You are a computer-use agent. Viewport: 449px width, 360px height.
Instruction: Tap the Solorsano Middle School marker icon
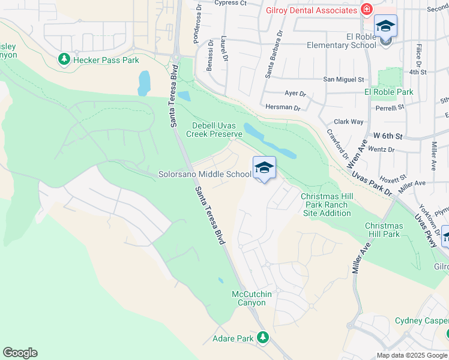[x=264, y=169]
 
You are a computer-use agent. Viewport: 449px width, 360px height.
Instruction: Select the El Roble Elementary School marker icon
[x=385, y=27]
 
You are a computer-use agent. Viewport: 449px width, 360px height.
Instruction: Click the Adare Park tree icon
[x=262, y=338]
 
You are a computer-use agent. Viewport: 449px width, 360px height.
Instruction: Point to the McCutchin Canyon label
[x=249, y=298]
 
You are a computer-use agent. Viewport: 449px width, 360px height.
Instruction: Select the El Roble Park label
[x=389, y=92]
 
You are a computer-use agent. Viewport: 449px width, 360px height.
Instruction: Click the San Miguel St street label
[x=344, y=79]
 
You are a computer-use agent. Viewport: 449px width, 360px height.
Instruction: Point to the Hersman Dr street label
[x=282, y=107]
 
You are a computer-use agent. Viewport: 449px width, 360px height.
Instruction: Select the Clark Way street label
[x=349, y=121]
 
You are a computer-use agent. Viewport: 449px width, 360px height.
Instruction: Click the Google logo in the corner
[x=20, y=353]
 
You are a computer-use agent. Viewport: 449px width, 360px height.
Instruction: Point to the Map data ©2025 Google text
[x=411, y=355]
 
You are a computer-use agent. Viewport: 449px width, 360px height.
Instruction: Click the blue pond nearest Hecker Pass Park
[x=144, y=83]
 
